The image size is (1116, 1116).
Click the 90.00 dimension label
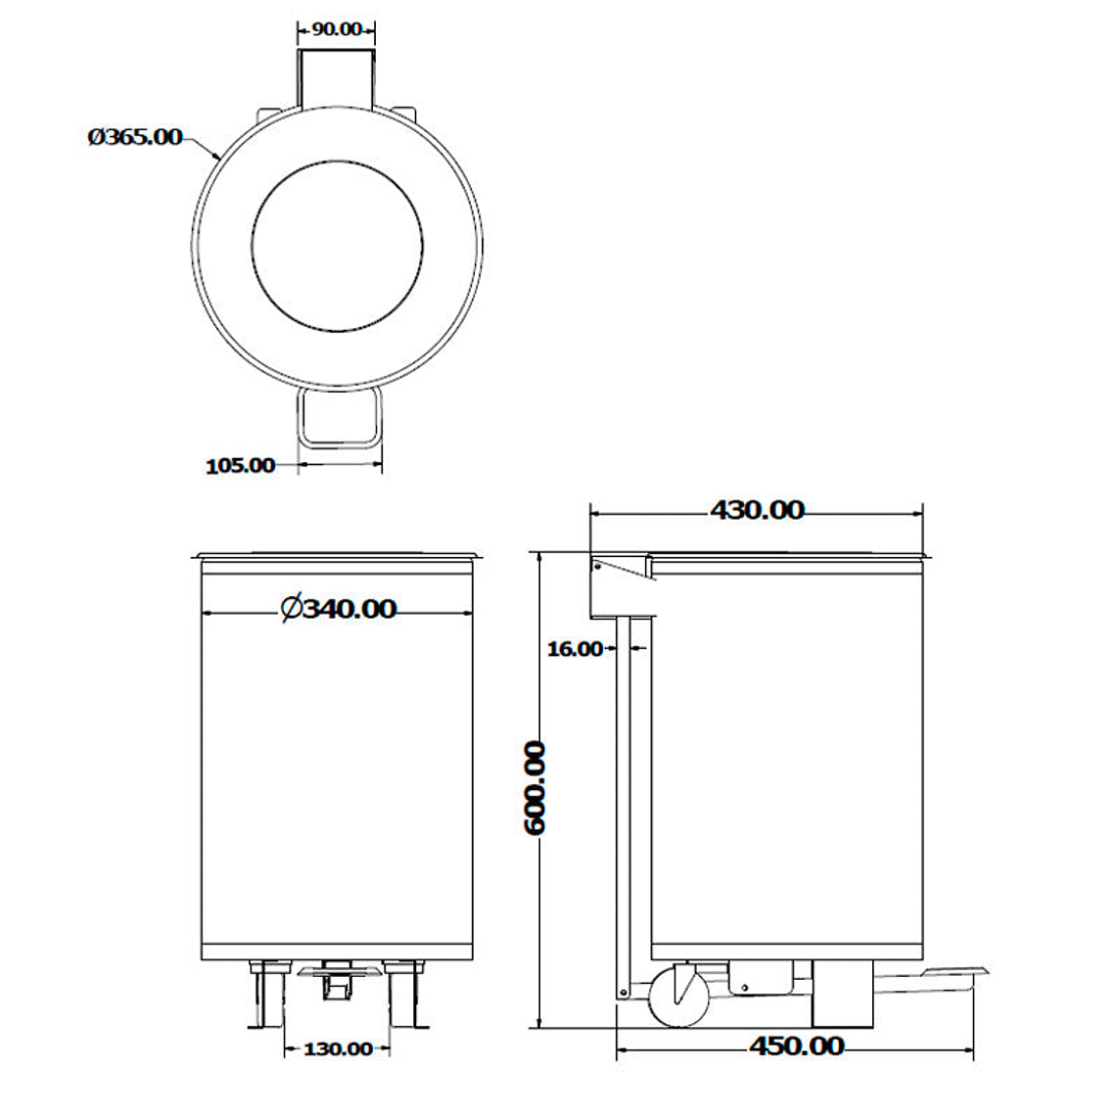click(336, 28)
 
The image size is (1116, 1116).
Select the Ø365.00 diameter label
click(135, 137)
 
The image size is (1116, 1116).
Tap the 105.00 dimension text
click(240, 466)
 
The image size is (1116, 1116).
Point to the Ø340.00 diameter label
click(339, 609)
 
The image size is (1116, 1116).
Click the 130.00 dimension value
click(338, 1049)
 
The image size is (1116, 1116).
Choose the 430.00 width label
click(757, 510)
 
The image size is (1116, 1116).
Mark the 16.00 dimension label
click(575, 648)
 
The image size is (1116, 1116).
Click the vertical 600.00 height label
click(535, 788)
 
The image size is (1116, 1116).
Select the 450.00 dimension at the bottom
click(796, 1046)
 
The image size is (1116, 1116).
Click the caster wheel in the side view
click(677, 996)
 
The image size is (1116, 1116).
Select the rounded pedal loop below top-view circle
click(339, 419)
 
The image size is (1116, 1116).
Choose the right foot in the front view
click(406, 996)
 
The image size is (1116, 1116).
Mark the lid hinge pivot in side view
click(596, 565)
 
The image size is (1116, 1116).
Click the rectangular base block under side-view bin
click(842, 994)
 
